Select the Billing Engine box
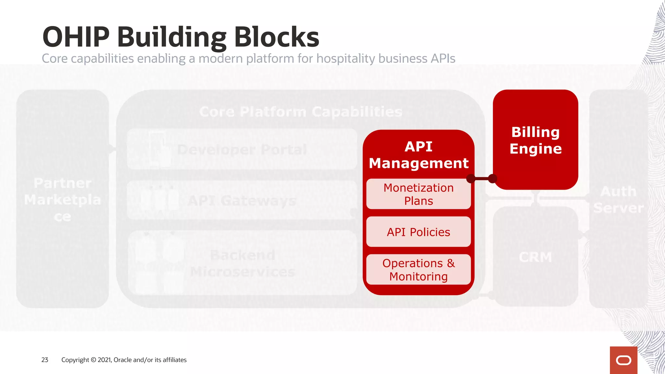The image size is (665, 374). [535, 140]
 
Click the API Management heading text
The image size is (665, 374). [419, 155]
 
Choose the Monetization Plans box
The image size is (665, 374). [419, 194]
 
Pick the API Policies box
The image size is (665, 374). [419, 232]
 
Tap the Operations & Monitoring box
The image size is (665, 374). [419, 270]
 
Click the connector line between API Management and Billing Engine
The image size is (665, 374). [482, 179]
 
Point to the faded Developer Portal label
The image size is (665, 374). [242, 150]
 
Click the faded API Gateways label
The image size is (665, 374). [242, 201]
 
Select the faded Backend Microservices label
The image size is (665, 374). [243, 263]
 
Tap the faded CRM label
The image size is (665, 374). [535, 257]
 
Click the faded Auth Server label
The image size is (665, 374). [618, 200]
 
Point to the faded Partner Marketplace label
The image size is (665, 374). [62, 200]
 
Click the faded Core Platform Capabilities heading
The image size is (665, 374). [301, 112]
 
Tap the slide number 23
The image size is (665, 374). [45, 360]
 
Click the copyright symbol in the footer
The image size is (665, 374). [93, 360]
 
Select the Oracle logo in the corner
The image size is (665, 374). [623, 360]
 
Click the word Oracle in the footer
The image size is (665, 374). [122, 360]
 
